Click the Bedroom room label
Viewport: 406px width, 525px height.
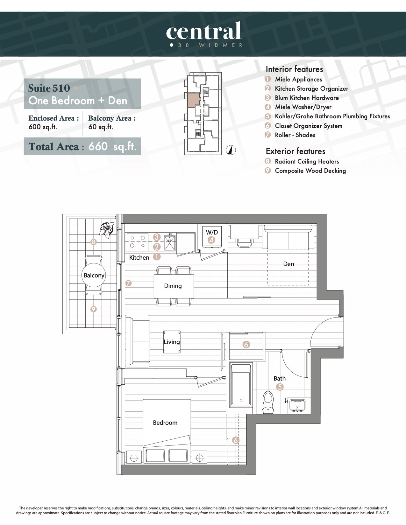coord(165,423)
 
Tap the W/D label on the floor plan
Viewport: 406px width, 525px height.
coord(212,232)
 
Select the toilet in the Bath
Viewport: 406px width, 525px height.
coord(268,402)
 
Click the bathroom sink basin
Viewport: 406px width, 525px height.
coord(297,405)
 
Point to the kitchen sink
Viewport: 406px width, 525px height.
coord(169,242)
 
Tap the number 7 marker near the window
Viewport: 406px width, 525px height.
coord(128,283)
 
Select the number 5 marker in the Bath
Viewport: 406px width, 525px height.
coord(280,387)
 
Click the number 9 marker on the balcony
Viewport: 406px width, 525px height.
coord(93,309)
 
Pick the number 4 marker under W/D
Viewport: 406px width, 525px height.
coord(211,240)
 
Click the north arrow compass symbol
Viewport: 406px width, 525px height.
coord(231,150)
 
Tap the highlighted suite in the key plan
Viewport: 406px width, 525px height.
coord(194,100)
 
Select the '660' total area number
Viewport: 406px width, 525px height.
coord(98,146)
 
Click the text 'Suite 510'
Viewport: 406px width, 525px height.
coord(49,88)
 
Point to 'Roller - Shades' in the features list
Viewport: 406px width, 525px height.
coord(295,135)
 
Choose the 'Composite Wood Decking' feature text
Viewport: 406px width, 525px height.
coord(310,171)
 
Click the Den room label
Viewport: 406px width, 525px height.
coord(289,264)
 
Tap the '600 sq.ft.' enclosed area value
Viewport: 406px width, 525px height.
coord(43,127)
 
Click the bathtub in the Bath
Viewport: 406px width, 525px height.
coord(241,384)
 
